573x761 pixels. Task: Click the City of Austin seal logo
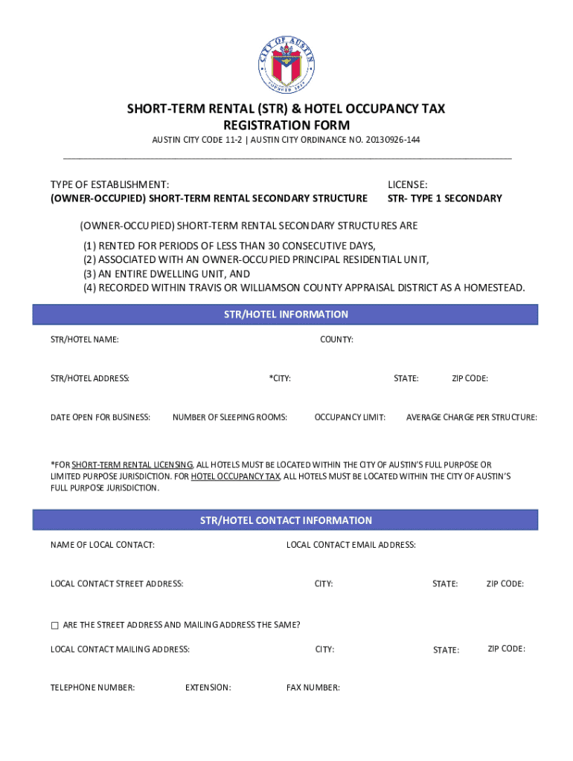point(286,65)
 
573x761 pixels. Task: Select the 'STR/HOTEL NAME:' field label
point(84,340)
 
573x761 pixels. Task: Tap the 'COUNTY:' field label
point(336,340)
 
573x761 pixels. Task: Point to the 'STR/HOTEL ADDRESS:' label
point(90,378)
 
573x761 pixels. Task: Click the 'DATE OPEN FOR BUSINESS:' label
point(100,417)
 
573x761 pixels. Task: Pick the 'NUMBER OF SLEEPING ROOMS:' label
point(230,417)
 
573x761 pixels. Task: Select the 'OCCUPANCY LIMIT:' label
point(350,417)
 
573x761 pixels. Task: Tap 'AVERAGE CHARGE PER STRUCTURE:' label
point(472,417)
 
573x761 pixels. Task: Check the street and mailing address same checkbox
point(54,625)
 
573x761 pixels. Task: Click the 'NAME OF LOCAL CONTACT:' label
point(103,545)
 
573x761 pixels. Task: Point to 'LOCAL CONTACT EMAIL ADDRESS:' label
point(351,545)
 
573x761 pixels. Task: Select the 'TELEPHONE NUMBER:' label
point(92,687)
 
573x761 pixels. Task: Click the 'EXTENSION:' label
point(208,687)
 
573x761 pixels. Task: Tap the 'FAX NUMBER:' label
point(313,687)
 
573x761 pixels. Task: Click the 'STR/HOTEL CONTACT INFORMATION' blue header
point(286,520)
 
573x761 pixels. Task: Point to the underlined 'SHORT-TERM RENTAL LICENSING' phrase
point(132,464)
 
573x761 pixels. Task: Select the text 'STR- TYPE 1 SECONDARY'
point(445,198)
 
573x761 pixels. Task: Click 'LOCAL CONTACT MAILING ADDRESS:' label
point(120,649)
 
